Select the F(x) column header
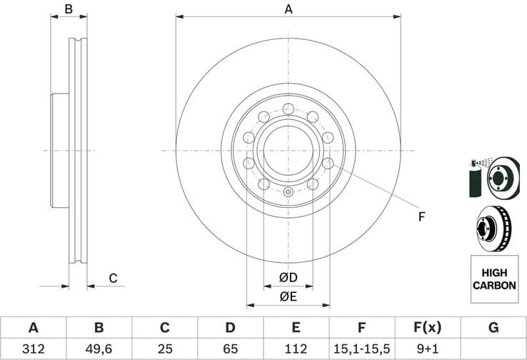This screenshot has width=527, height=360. click(427, 328)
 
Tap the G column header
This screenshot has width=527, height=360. click(493, 328)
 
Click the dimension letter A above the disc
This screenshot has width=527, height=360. click(288, 9)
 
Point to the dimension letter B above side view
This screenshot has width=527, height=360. click(69, 9)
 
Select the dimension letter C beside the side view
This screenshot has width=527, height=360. click(112, 278)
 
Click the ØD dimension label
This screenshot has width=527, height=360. click(288, 276)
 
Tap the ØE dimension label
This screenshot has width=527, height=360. click(288, 296)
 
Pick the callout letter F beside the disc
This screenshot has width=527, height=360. click(421, 216)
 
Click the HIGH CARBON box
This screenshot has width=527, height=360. click(493, 279)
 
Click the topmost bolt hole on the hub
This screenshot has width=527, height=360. click(288, 109)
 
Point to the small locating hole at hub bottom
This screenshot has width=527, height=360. click(288, 191)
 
